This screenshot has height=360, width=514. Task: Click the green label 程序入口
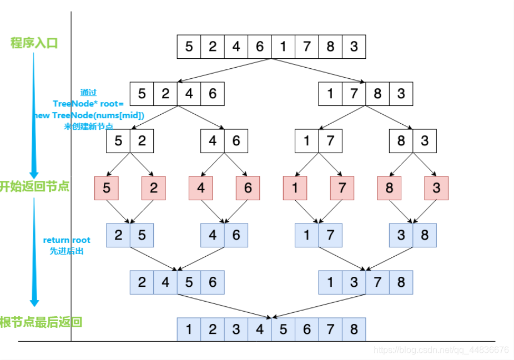click(34, 43)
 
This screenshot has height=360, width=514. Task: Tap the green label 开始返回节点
click(34, 186)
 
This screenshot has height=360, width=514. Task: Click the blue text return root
click(67, 240)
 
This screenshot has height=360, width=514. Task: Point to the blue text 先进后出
click(67, 251)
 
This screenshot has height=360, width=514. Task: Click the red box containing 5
click(107, 188)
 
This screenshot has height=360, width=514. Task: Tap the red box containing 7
click(342, 188)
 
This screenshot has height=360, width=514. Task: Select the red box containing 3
click(436, 188)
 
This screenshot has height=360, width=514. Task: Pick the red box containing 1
click(295, 188)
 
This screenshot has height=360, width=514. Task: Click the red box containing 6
click(248, 188)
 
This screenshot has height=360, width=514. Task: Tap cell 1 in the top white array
click(283, 47)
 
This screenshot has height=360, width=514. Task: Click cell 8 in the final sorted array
click(354, 329)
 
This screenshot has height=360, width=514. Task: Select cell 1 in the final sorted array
click(189, 329)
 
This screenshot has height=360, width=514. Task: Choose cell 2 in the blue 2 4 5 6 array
click(142, 282)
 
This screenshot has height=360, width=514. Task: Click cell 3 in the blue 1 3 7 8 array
click(354, 282)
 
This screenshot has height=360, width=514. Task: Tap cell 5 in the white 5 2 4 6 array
click(142, 94)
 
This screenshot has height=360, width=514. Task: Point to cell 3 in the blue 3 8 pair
click(401, 235)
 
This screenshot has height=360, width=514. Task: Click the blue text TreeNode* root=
click(87, 104)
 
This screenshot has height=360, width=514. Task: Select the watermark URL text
click(441, 350)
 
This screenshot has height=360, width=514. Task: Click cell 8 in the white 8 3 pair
click(401, 141)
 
